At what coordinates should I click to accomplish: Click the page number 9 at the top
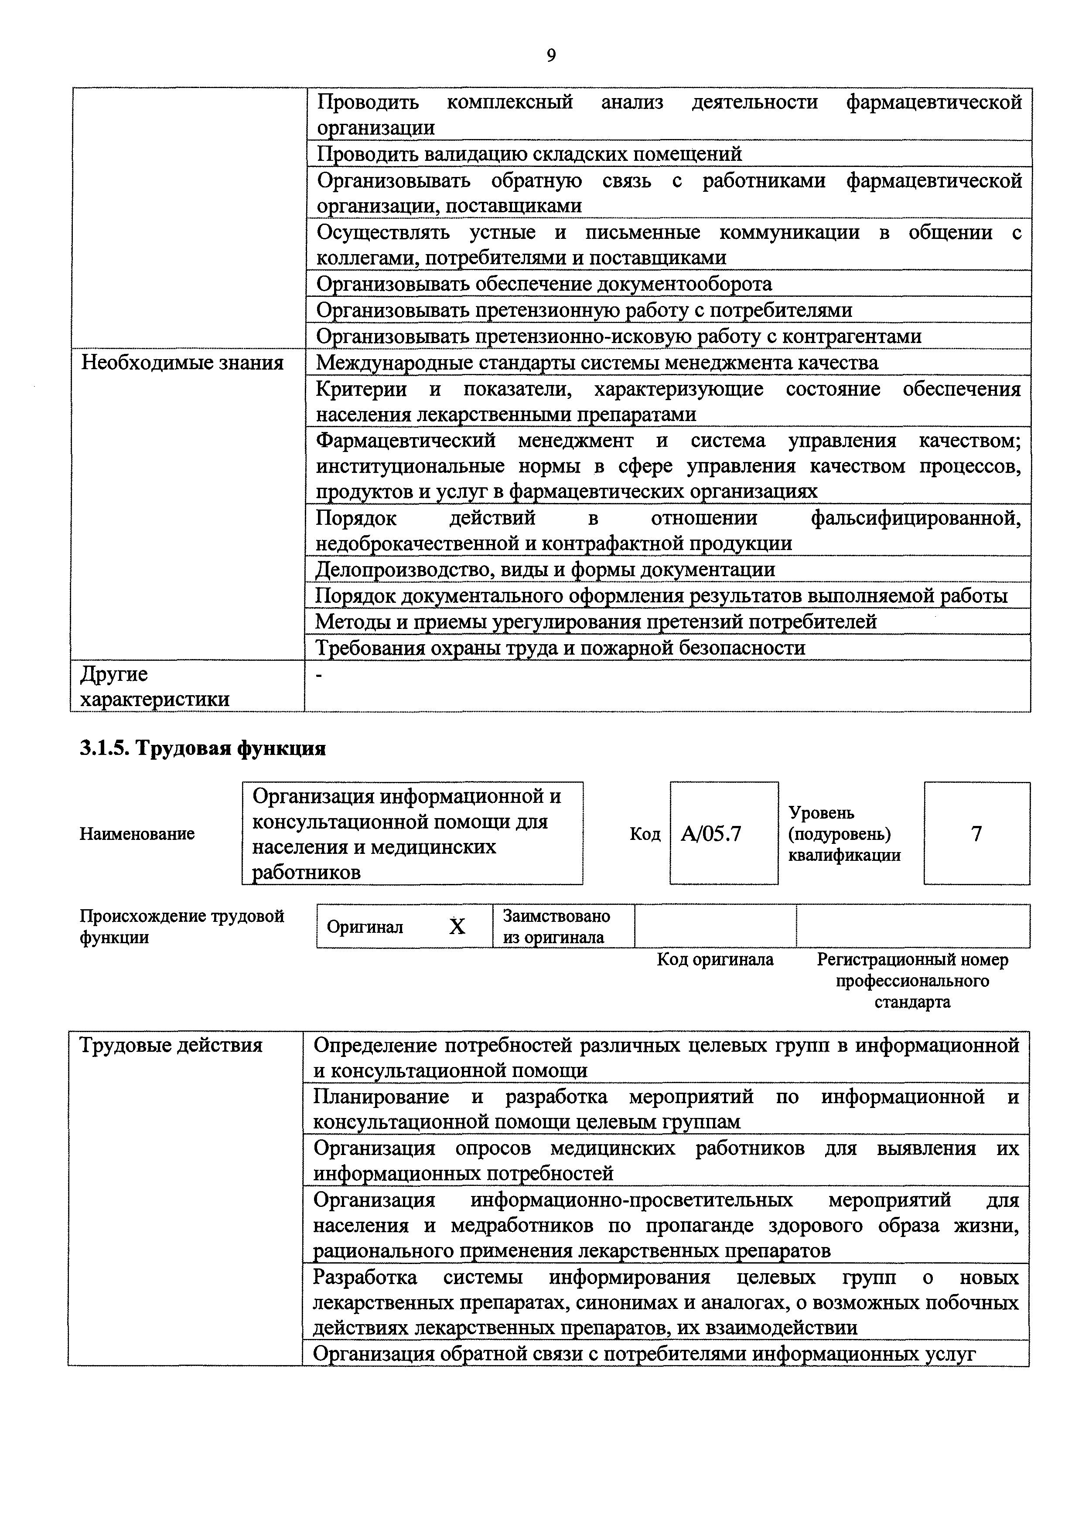(x=550, y=55)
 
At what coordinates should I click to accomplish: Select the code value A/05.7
(x=710, y=834)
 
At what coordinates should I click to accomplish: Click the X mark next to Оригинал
(x=456, y=926)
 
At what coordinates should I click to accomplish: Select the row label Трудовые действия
(x=171, y=1045)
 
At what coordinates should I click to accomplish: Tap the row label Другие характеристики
(x=154, y=686)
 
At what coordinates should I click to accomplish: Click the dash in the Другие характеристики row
(x=318, y=675)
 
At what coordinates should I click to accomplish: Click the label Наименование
(x=137, y=834)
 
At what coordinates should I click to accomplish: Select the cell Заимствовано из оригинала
(x=556, y=926)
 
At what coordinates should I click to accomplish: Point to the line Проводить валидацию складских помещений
(x=529, y=154)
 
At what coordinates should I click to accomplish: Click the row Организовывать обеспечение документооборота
(x=544, y=284)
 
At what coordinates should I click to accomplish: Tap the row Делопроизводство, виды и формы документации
(x=545, y=569)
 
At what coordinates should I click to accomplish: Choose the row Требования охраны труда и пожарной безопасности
(x=560, y=647)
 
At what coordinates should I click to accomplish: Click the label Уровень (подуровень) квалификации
(x=844, y=834)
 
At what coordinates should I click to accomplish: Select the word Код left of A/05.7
(x=644, y=834)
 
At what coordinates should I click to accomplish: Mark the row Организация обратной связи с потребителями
(x=644, y=1354)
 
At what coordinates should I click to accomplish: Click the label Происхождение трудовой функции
(x=182, y=926)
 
